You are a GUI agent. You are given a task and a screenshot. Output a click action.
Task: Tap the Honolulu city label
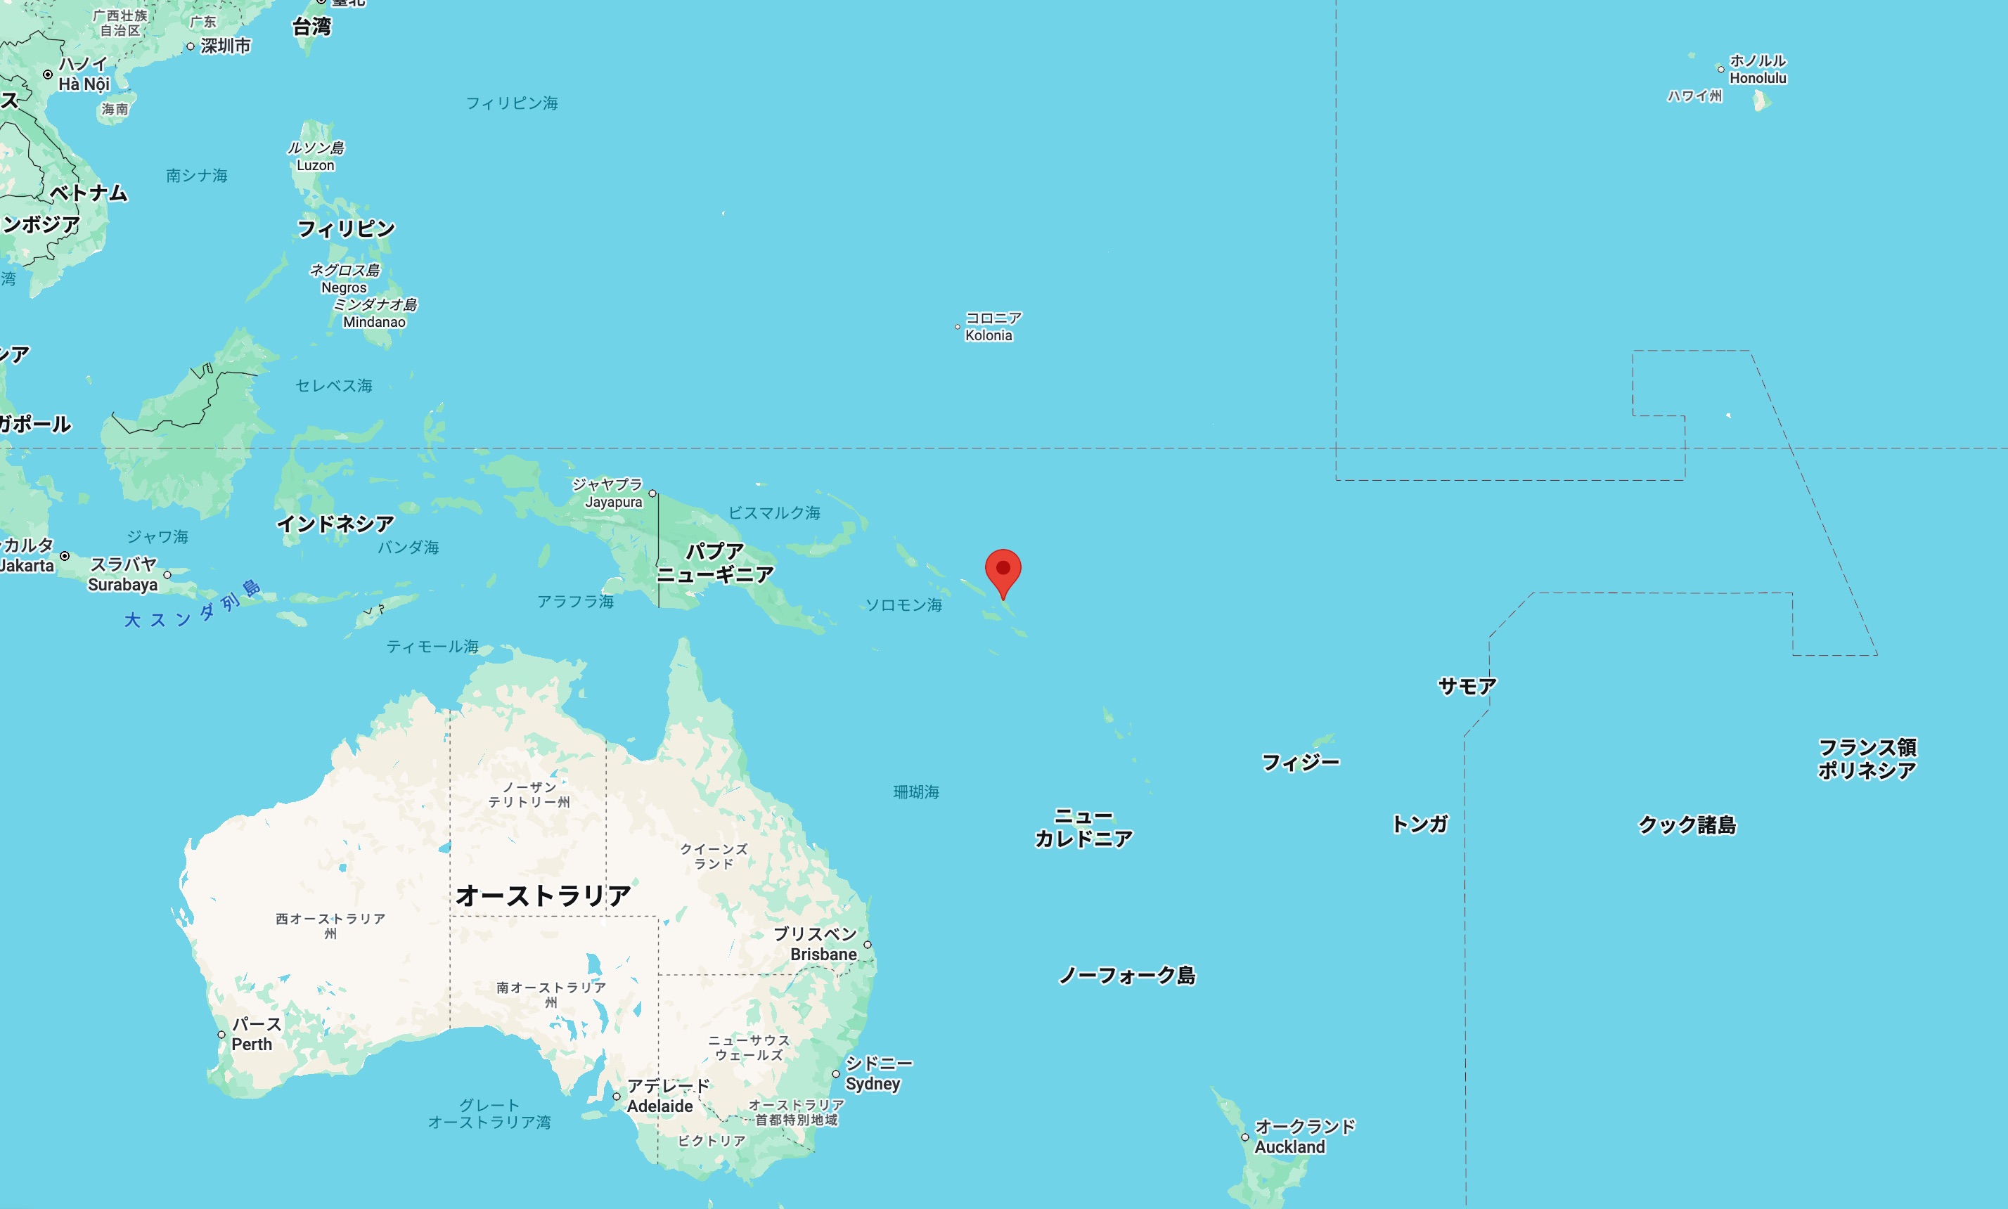1757,70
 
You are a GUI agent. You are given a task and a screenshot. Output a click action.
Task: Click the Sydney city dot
835,1074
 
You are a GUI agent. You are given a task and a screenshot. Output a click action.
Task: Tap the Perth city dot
221,1035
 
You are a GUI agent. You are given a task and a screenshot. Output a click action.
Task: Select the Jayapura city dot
652,493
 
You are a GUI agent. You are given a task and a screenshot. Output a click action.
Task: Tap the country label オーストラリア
543,896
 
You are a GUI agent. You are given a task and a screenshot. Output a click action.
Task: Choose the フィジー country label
1300,763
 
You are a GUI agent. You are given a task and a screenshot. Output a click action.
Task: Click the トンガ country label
1419,825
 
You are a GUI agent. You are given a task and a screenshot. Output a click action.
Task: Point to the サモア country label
1466,687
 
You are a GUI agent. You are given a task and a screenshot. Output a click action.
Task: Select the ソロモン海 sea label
903,604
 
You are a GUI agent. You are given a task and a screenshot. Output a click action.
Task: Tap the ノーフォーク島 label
1126,975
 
